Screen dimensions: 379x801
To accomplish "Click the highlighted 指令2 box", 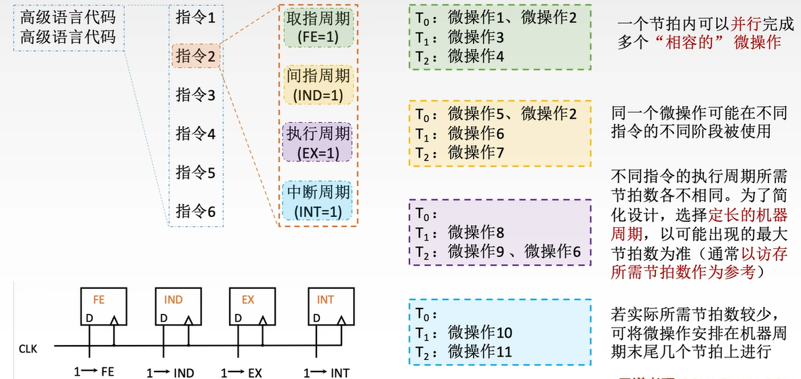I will [195, 56].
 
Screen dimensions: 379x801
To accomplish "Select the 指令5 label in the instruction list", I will [195, 172].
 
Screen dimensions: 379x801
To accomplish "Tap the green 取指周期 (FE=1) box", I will [319, 28].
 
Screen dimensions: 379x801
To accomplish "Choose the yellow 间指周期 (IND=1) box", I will [319, 85].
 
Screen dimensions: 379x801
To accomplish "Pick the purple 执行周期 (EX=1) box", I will [319, 142].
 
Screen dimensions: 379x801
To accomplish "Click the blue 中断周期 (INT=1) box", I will [319, 201].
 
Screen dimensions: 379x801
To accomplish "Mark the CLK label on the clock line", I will [28, 348].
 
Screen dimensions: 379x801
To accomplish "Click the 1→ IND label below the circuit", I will [171, 372].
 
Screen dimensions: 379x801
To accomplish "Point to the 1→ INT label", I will [327, 372].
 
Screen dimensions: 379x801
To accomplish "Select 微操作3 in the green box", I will [476, 37].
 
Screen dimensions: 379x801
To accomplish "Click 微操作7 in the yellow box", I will [476, 153].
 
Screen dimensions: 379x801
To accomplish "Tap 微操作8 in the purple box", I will [476, 233].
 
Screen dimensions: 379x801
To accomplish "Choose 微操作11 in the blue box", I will [480, 352].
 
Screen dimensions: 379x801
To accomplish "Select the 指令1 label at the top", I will [195, 17].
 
